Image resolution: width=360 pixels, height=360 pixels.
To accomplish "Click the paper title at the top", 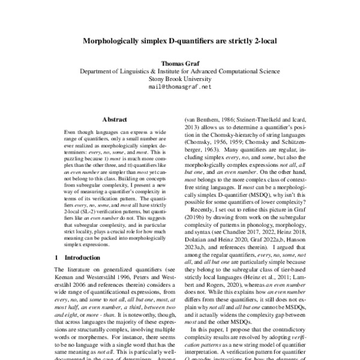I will pos(179,43).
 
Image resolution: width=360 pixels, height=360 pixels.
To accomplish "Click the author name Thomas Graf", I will pos(179,62).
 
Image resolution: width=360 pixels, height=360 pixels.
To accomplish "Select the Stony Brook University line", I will pos(179,79).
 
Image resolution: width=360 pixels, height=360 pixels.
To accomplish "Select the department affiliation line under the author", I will pos(179,71).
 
